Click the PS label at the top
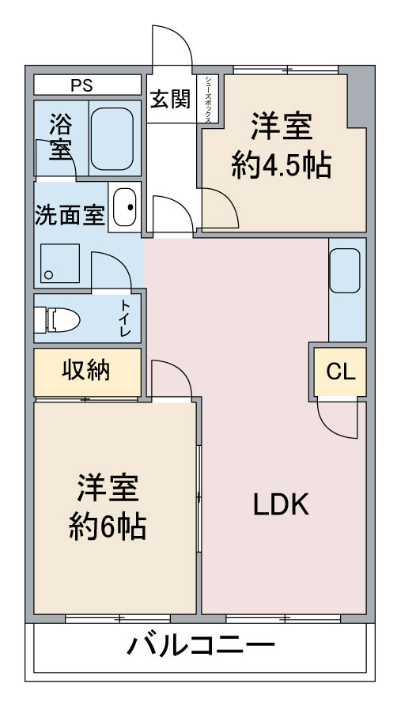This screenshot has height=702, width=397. (81, 85)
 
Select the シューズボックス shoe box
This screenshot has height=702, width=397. (208, 99)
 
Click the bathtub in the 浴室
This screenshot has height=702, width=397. (112, 139)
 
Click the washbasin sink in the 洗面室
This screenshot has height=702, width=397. (124, 207)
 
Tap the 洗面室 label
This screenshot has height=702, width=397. (70, 215)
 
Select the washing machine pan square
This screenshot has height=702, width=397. (60, 263)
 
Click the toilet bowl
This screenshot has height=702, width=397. (58, 319)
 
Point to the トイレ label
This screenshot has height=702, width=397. (125, 319)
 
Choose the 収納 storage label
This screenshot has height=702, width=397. (85, 370)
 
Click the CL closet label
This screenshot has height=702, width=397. (341, 372)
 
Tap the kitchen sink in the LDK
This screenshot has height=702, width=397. (345, 270)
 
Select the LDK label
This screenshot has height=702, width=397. (282, 504)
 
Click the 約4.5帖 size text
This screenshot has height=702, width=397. (282, 166)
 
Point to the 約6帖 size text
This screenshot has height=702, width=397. (108, 526)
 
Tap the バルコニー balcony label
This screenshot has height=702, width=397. (200, 646)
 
